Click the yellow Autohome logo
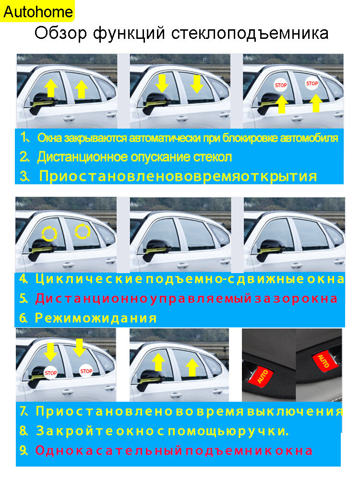(37, 11)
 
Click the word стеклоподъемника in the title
(250, 34)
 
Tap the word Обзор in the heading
(60, 34)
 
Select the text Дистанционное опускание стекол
(134, 157)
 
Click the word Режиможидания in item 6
(96, 318)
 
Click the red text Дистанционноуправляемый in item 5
(143, 299)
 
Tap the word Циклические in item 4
(89, 279)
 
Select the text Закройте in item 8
(75, 431)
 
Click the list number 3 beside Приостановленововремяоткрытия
(24, 176)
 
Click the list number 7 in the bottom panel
(24, 411)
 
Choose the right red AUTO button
(324, 361)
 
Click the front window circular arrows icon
(49, 234)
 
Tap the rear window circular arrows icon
(83, 231)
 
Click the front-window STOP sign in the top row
(281, 85)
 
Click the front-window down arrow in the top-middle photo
(162, 84)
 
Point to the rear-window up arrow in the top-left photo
(82, 89)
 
